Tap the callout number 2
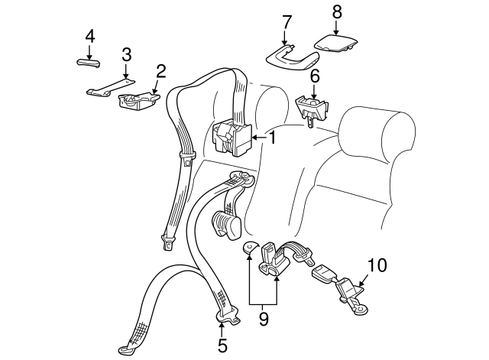pyautogui.click(x=161, y=72)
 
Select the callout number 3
pyautogui.click(x=127, y=55)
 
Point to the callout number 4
pyautogui.click(x=89, y=36)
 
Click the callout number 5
pyautogui.click(x=222, y=345)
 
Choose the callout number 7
pyautogui.click(x=286, y=21)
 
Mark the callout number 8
pyautogui.click(x=337, y=12)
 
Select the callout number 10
pyautogui.click(x=377, y=266)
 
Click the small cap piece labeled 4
pyautogui.click(x=89, y=62)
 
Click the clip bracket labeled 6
pyautogui.click(x=311, y=107)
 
